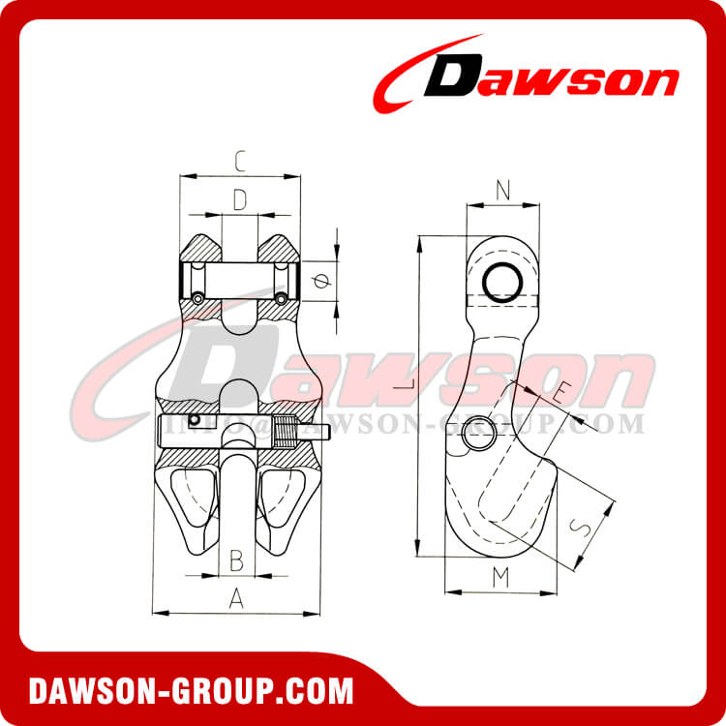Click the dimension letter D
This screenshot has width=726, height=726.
(x=239, y=199)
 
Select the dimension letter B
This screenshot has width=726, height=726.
(x=235, y=560)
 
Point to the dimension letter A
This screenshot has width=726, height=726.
(x=235, y=599)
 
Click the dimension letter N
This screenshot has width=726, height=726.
(x=501, y=191)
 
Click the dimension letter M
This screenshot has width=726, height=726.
(x=499, y=578)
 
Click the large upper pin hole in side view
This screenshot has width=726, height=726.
(x=503, y=282)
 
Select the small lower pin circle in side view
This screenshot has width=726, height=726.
(x=477, y=436)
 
